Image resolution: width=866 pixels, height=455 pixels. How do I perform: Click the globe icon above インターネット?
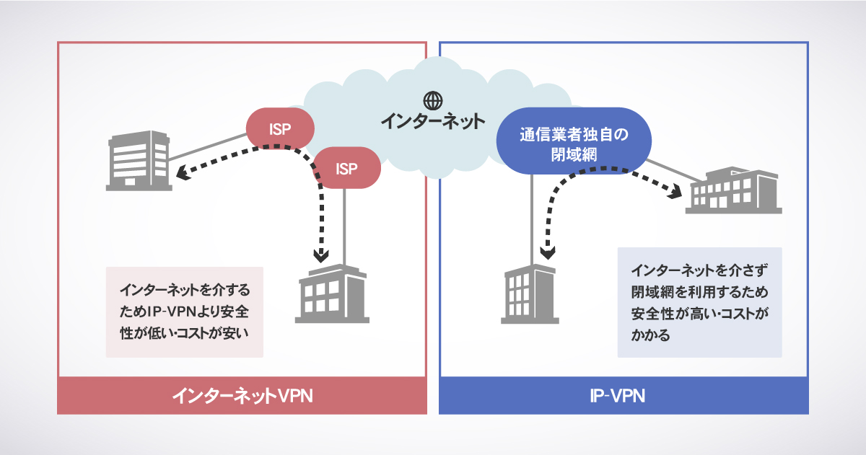(x=432, y=100)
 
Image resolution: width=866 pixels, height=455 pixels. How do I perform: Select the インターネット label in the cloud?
(x=433, y=120)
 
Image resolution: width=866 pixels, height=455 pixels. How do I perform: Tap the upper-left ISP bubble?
(x=280, y=129)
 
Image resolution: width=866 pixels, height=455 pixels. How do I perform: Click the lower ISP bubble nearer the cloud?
(x=346, y=169)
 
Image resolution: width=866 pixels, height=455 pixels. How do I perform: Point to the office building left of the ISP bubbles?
(x=138, y=159)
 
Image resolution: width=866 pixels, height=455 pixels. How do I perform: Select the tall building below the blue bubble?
(x=530, y=293)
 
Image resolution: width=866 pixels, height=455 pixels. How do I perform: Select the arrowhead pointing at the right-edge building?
(x=675, y=191)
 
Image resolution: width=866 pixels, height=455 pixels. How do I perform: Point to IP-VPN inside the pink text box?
(x=175, y=312)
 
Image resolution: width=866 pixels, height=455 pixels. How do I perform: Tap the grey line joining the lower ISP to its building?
(x=346, y=224)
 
